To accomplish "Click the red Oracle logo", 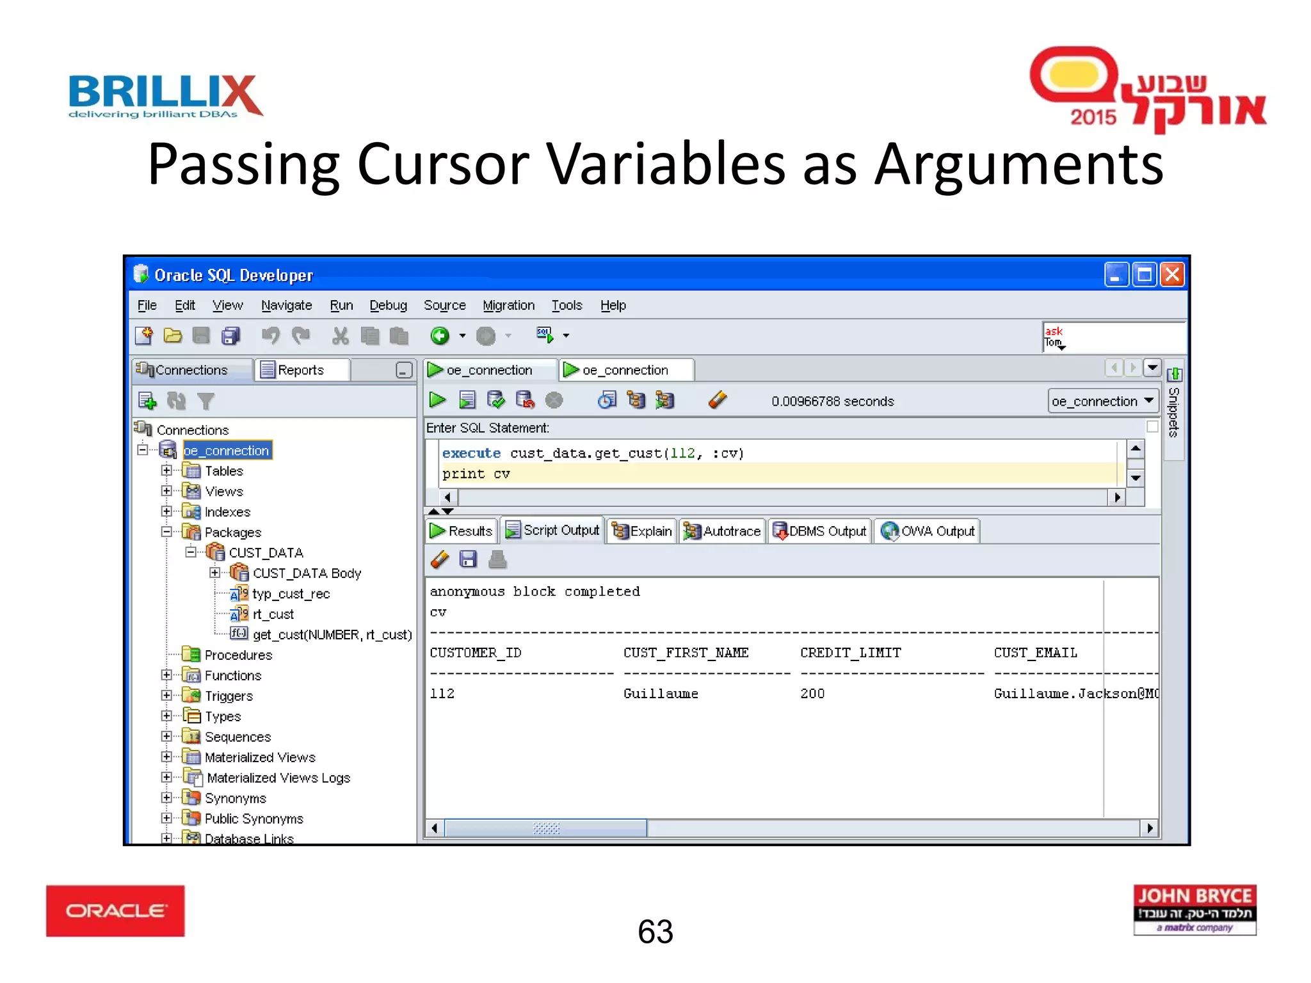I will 115,910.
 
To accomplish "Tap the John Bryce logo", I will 1194,909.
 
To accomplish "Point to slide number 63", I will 655,931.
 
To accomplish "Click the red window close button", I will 1172,275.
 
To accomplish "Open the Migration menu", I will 508,305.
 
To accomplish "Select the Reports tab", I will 300,370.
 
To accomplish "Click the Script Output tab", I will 553,531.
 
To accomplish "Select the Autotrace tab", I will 723,531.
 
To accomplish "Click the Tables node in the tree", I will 223,471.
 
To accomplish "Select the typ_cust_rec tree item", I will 291,594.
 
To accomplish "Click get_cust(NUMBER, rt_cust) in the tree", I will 332,635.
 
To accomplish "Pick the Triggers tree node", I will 229,696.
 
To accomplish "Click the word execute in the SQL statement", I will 471,453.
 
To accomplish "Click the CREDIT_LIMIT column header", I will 850,653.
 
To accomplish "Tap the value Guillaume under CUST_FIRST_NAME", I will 661,694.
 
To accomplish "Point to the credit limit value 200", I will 812,694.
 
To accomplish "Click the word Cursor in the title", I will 443,164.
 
